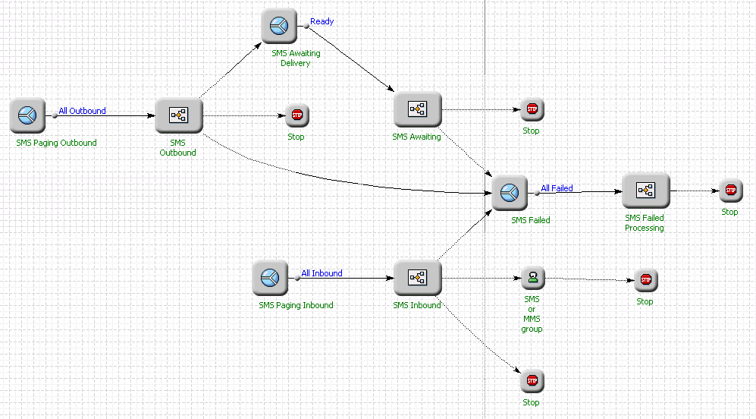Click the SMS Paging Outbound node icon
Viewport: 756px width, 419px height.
click(x=28, y=116)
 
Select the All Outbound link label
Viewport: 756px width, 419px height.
click(x=82, y=111)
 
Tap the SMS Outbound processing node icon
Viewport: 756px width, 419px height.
click(x=179, y=116)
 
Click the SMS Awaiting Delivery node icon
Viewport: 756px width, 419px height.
click(x=279, y=27)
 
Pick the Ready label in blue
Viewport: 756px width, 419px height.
click(x=322, y=21)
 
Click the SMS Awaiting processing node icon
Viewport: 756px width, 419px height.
click(x=417, y=110)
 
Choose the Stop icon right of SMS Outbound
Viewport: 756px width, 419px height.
click(x=296, y=116)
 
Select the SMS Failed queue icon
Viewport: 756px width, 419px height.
click(x=510, y=193)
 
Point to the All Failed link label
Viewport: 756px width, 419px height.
click(x=557, y=188)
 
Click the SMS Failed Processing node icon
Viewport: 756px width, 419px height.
click(x=645, y=191)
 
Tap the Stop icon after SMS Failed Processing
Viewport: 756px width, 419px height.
click(x=729, y=191)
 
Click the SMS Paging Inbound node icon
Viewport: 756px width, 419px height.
click(x=271, y=279)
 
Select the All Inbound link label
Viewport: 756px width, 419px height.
click(x=322, y=273)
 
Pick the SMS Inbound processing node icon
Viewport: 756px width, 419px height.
click(x=417, y=279)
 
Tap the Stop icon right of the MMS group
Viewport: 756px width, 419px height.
click(x=645, y=280)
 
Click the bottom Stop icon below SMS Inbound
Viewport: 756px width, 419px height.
click(x=532, y=380)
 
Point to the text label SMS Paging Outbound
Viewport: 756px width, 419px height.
click(x=56, y=143)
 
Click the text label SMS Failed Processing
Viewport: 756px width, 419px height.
click(x=645, y=223)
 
